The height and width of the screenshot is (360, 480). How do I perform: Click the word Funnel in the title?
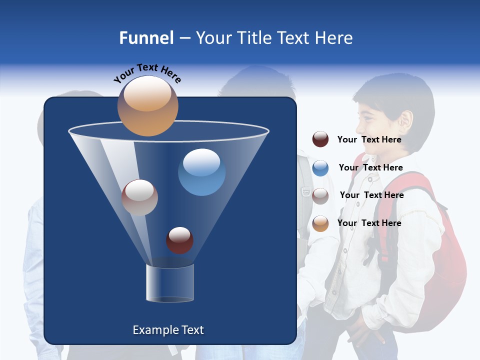[146, 38]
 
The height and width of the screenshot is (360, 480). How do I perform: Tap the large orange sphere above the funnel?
[147, 106]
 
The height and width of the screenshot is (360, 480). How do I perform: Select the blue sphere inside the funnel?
[201, 172]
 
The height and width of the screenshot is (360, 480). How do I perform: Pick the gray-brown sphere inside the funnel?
[139, 197]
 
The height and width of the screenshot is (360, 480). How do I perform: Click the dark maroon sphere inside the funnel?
[179, 240]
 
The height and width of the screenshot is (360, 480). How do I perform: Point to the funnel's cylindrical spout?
[169, 283]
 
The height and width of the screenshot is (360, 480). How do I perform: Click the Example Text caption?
[168, 330]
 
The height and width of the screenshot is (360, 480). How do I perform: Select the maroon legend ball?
[320, 139]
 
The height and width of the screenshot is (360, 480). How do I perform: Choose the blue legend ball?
[320, 168]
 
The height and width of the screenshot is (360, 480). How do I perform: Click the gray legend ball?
[320, 195]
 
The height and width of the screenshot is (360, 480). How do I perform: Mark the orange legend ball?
[320, 223]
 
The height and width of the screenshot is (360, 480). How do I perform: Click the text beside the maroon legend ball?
[369, 139]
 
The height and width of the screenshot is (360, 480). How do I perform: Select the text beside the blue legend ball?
[370, 167]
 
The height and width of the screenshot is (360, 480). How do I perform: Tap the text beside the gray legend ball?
[371, 195]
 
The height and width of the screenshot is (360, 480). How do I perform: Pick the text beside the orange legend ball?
[369, 223]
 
